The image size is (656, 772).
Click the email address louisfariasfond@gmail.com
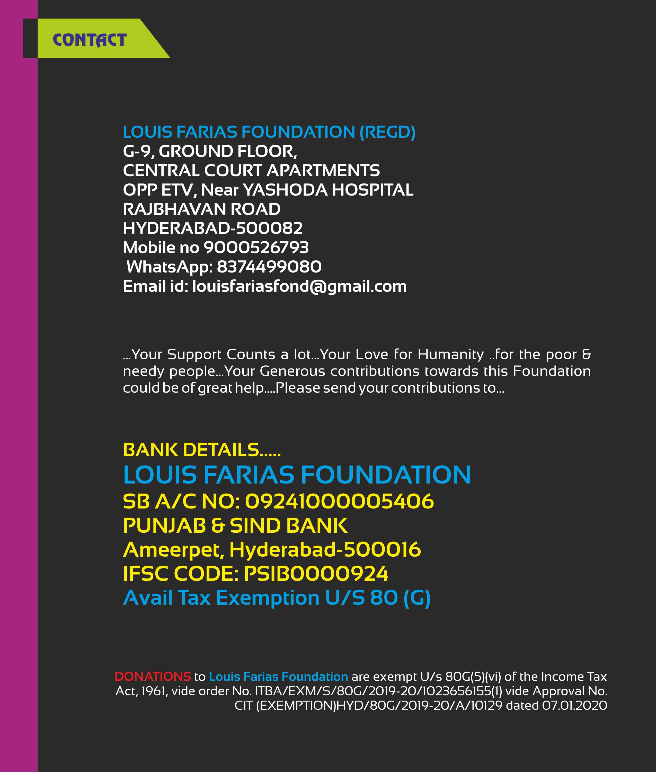pos(299,286)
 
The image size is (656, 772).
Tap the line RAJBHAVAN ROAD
pos(202,209)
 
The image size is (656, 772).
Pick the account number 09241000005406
pos(339,502)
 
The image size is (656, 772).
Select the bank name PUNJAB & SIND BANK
pos(235,525)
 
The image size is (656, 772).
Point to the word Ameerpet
pos(173,550)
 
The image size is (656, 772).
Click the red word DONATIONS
pos(153,676)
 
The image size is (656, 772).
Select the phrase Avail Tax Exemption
pos(221,598)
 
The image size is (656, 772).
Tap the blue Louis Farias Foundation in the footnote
pos(278,676)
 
